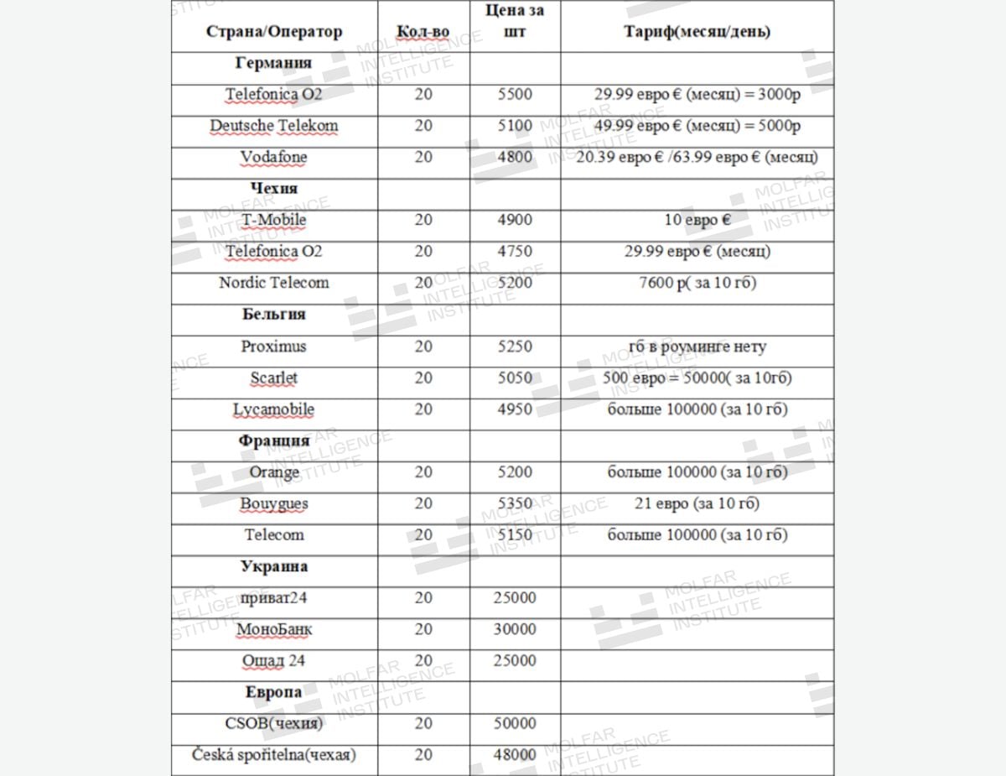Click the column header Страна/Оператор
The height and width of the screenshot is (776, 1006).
click(x=274, y=32)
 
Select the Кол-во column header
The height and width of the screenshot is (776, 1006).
click(x=423, y=32)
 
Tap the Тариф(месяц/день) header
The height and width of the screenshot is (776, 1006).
click(x=697, y=32)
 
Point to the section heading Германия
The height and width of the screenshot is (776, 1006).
click(x=274, y=63)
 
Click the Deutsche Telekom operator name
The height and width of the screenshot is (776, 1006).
click(x=274, y=126)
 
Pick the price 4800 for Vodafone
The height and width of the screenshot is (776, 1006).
click(x=515, y=157)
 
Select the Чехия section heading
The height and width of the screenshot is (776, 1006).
click(x=274, y=188)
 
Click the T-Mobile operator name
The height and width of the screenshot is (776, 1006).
click(x=274, y=220)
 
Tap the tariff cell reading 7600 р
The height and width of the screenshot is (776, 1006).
click(x=697, y=283)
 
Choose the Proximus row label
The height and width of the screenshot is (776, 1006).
click(x=274, y=346)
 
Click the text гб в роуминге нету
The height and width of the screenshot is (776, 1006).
click(x=697, y=346)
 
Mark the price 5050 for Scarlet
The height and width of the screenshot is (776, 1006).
click(x=515, y=378)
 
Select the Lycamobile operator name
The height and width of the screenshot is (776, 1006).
click(x=274, y=409)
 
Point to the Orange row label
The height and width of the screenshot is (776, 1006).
click(x=274, y=472)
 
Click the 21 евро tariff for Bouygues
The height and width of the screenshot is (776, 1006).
click(x=697, y=503)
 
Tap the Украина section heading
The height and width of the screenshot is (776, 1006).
click(x=274, y=566)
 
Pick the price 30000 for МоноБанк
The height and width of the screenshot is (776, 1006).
click(x=515, y=629)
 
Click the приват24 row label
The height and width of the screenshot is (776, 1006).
click(x=274, y=598)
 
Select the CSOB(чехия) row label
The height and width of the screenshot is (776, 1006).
click(x=274, y=723)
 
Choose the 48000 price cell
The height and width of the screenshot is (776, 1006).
click(x=515, y=755)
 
